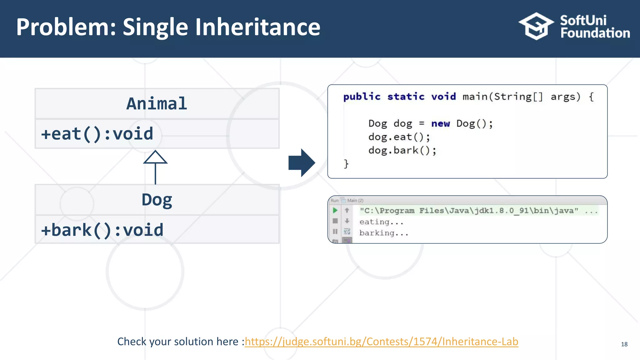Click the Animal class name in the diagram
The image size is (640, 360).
[x=157, y=104]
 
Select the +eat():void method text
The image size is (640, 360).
[x=97, y=134]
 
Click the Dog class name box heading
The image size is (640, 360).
[x=157, y=200]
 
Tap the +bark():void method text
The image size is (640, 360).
[x=102, y=230]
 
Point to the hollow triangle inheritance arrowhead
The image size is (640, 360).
[x=155, y=157]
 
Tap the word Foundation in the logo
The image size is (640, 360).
[x=595, y=33]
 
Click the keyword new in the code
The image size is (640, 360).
[x=440, y=124]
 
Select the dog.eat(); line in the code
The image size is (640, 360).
[x=399, y=137]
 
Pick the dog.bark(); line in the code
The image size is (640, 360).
[x=402, y=151]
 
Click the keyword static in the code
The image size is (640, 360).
[x=406, y=97]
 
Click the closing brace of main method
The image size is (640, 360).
[x=346, y=164]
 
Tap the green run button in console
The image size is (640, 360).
[x=335, y=210]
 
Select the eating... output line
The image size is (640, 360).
[x=381, y=222]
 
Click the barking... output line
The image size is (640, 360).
[x=384, y=233]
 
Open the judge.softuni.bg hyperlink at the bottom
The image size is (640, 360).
[x=381, y=342]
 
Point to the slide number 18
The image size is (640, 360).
[x=624, y=344]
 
